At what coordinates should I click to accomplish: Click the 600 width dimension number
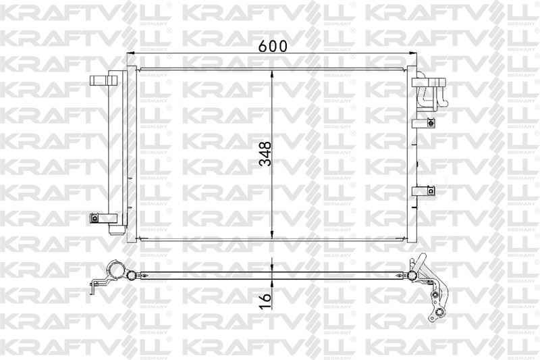coord(273,46)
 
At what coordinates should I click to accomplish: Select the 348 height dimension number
coord(265,153)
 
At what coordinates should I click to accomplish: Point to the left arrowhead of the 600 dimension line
coord(130,53)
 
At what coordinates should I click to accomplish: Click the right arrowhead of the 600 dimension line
coord(413,53)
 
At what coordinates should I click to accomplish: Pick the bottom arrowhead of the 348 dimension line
coord(272,234)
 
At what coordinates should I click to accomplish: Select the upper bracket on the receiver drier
coord(103,80)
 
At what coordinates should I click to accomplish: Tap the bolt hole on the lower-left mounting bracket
coord(93,217)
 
